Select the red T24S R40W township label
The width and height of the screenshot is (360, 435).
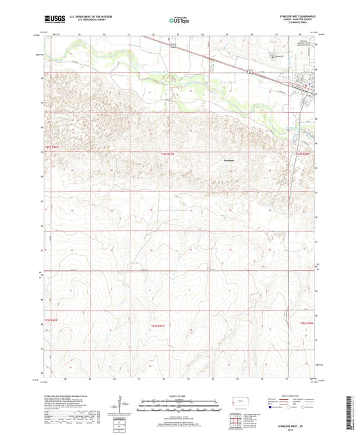(x=306, y=155)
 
